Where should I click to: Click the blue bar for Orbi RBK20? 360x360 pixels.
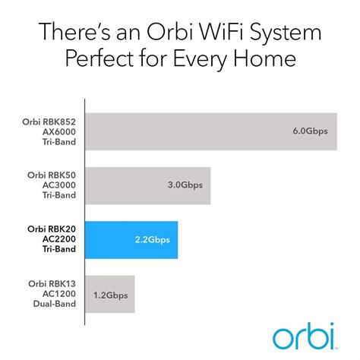point(131,240)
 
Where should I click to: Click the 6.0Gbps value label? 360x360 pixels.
point(311,131)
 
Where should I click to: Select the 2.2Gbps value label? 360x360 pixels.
point(153,240)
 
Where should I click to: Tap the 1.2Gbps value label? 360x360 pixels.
point(111,295)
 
